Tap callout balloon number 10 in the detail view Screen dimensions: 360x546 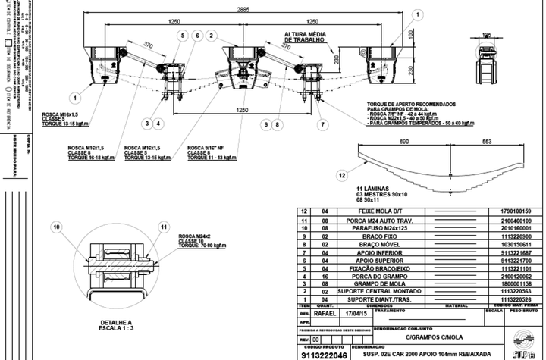click(x=56, y=226)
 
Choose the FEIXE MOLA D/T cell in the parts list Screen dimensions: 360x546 click(x=389, y=210)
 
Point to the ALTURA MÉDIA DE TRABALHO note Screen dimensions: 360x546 click(x=306, y=38)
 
